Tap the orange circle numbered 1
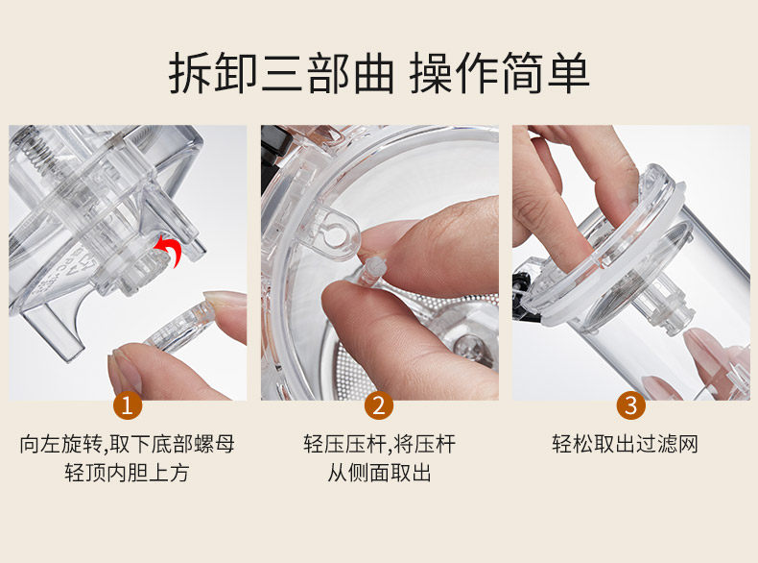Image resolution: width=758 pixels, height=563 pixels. tap(128, 405)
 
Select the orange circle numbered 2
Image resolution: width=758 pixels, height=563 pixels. tap(379, 405)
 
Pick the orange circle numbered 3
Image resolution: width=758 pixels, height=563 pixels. tap(630, 405)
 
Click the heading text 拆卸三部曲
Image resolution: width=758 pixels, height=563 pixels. tap(281, 73)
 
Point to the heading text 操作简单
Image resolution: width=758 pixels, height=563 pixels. tap(499, 73)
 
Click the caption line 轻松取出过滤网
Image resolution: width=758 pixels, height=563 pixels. tap(625, 444)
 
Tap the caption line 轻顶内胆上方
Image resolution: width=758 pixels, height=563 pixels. tap(127, 473)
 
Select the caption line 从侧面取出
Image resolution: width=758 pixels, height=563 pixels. tap(379, 473)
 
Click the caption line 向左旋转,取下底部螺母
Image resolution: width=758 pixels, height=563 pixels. tap(128, 444)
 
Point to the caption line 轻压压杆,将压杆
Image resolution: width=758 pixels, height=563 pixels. tap(380, 444)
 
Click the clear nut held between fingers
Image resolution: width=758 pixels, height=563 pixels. tap(179, 323)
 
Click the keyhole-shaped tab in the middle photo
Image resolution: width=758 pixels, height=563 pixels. tap(334, 233)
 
